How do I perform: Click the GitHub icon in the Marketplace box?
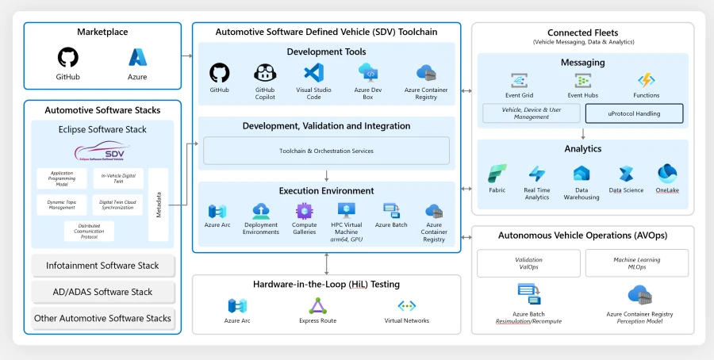click(68, 58)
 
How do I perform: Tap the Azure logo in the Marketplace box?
click(137, 58)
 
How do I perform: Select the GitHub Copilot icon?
click(265, 74)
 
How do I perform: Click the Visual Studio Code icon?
click(313, 74)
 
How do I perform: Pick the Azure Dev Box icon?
click(368, 74)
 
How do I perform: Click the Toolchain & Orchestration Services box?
click(326, 151)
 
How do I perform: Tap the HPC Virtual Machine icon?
click(346, 210)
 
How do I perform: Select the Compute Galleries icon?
click(305, 210)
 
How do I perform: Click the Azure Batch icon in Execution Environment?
click(390, 210)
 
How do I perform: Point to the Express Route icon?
click(317, 306)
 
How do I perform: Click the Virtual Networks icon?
click(406, 306)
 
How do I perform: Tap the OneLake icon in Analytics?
click(666, 173)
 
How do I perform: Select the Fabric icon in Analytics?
click(497, 174)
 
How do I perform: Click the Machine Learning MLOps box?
click(636, 263)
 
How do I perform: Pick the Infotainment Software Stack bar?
click(102, 266)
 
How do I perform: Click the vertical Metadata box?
click(159, 204)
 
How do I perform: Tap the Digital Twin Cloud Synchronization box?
click(117, 205)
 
